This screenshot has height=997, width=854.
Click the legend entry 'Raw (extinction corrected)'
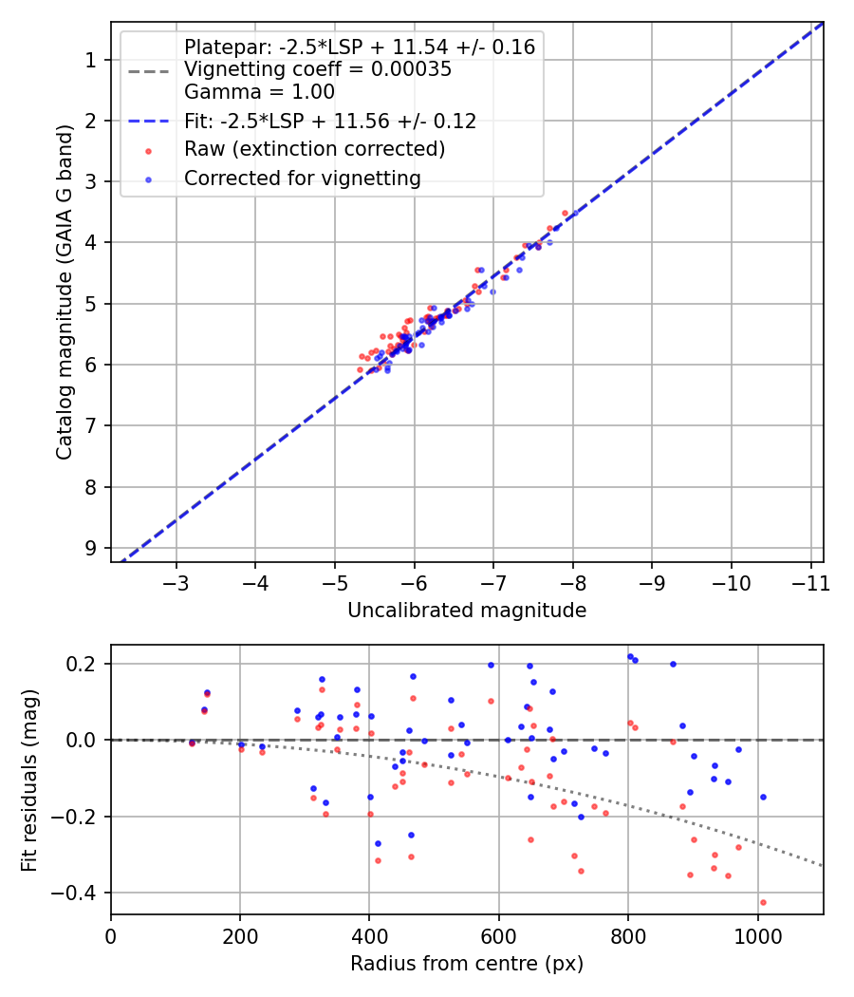(314, 149)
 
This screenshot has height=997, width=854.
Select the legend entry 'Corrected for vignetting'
(302, 178)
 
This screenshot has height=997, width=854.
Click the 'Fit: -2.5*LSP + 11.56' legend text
(329, 121)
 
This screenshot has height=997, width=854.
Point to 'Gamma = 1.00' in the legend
(259, 92)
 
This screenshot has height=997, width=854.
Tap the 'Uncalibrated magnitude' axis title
(467, 611)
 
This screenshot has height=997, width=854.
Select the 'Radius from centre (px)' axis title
(467, 964)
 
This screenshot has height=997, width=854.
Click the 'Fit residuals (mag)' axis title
(30, 780)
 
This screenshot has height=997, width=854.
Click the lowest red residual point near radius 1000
(763, 902)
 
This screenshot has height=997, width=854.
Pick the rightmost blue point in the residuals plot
(763, 797)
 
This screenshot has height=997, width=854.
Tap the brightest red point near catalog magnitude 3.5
(565, 213)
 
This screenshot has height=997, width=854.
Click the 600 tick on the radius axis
(498, 935)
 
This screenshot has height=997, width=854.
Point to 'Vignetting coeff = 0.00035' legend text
(318, 69)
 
